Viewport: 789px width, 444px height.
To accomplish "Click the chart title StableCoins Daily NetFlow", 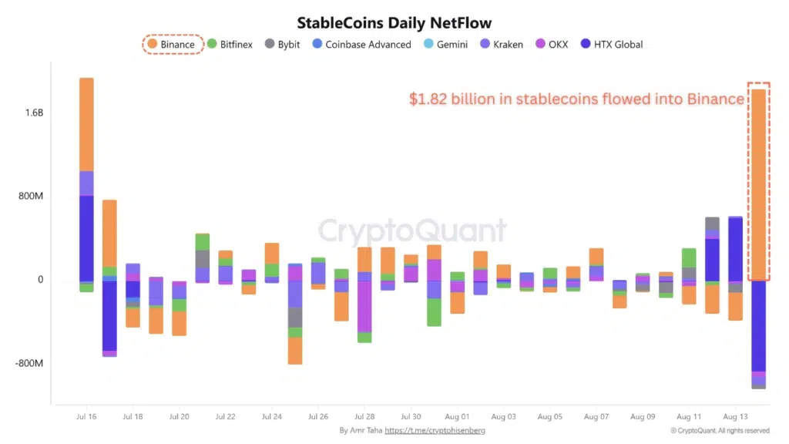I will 394,23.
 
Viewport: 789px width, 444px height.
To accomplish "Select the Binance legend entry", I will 173,45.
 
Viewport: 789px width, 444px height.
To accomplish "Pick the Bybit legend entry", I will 283,45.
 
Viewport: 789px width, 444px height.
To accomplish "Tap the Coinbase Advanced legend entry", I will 361,45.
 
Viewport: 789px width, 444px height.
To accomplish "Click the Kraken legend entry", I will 502,45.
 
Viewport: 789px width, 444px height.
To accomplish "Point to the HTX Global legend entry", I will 614,45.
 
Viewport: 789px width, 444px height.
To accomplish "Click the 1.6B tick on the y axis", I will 34,113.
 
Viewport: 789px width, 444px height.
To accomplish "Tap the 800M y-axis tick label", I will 32,197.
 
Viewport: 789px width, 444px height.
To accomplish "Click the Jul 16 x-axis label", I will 86,416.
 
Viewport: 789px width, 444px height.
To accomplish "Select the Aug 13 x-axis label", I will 736,416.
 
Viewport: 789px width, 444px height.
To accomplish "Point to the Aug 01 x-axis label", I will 457,416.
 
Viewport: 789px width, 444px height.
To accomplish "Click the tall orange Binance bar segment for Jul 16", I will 86,124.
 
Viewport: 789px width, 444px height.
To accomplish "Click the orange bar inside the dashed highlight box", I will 758,185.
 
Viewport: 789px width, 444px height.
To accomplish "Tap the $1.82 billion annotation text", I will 576,99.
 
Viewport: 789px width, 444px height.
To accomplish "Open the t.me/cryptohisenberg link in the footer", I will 435,430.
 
